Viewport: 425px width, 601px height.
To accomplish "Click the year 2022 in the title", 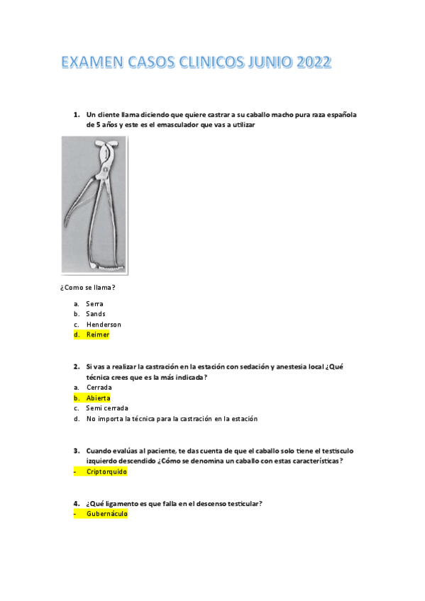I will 310,64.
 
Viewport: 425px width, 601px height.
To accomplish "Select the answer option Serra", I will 94,303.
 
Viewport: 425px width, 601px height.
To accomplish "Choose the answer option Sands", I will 96,314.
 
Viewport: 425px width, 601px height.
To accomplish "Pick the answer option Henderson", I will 104,325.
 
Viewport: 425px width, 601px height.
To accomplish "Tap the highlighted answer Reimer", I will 98,335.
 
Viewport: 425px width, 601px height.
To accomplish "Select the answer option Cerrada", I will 99,388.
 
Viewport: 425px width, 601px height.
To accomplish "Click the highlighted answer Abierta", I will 98,398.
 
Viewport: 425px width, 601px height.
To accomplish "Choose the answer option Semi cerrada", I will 107,408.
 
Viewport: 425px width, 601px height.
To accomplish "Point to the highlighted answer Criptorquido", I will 107,471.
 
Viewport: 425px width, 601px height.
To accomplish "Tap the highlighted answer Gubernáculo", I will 106,514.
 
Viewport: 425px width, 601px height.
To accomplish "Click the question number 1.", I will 76,114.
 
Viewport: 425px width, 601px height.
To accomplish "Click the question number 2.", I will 76,366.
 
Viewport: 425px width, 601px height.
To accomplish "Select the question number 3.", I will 76,451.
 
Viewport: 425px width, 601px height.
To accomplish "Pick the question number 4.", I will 76,503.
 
